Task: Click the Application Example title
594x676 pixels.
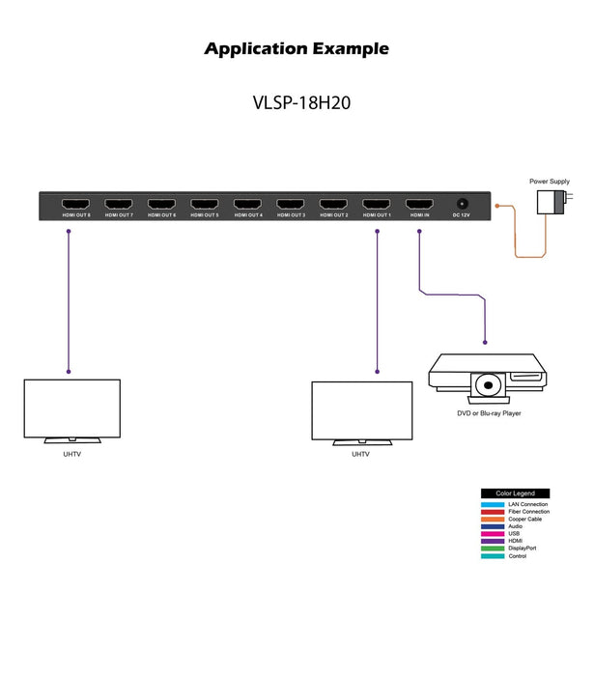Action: (x=297, y=48)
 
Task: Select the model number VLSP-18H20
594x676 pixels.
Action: (x=296, y=103)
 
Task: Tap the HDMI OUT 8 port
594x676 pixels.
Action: (x=76, y=205)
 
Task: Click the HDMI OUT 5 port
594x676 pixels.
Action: (x=205, y=205)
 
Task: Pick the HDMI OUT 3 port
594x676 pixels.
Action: (x=291, y=205)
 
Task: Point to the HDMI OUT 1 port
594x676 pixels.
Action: (x=377, y=205)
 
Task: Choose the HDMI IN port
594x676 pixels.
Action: (x=419, y=205)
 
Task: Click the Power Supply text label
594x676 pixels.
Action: (x=549, y=181)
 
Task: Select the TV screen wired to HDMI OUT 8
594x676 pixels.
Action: (x=71, y=409)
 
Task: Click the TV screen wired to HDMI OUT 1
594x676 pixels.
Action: (x=361, y=411)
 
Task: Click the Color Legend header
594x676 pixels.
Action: (x=515, y=493)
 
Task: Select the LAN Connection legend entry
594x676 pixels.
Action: (x=527, y=504)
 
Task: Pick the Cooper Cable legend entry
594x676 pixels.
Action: (x=524, y=519)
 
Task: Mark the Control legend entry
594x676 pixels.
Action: (x=517, y=555)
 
